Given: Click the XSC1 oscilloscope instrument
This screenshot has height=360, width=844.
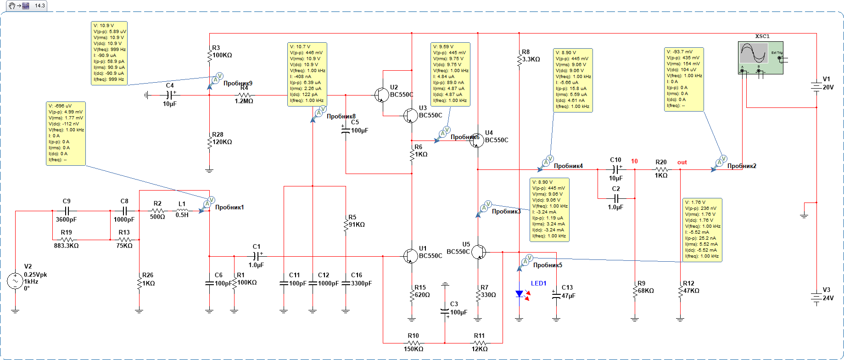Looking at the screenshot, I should click(760, 57).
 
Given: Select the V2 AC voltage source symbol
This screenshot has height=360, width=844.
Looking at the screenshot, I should click(15, 281).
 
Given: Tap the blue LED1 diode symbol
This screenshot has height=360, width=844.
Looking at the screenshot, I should click(520, 294).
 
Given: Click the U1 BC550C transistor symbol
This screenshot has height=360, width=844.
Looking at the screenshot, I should click(410, 256).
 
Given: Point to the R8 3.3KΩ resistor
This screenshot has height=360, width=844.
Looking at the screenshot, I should click(519, 60).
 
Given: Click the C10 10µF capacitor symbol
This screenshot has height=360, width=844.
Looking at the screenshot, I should click(616, 169).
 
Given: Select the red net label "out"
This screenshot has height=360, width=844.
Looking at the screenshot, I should click(682, 162).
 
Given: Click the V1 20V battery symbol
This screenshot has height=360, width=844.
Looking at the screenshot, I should click(816, 86).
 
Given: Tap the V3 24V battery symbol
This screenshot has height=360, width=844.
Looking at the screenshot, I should click(816, 297).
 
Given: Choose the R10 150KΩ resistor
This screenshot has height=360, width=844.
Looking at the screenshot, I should click(413, 343).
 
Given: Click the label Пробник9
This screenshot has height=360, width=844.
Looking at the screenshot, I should click(238, 83).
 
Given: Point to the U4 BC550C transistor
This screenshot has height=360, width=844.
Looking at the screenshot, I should click(476, 141).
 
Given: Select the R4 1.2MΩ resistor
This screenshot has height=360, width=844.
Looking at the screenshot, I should click(244, 95).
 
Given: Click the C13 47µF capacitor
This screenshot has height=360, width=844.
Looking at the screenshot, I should click(556, 294).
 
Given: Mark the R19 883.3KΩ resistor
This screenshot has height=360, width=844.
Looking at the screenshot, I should click(67, 239).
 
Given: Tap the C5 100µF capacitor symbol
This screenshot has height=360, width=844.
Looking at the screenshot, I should click(346, 130).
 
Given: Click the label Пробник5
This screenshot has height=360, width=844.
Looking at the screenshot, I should click(548, 265).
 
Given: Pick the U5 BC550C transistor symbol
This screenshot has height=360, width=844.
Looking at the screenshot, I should click(479, 252).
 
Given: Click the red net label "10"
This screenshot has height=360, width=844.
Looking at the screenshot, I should click(634, 161).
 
